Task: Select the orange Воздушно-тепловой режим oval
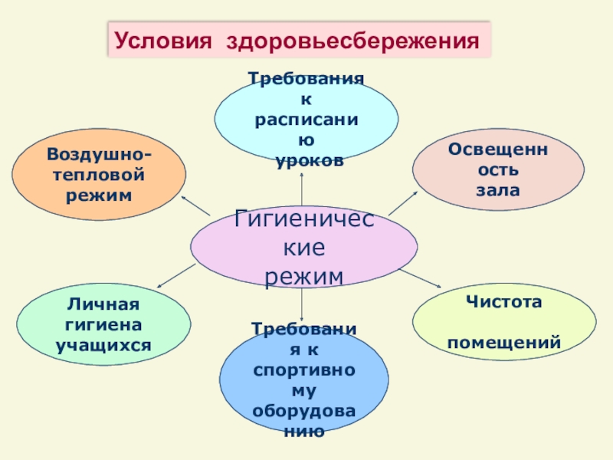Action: (99, 176)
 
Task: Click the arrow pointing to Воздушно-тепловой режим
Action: (195, 205)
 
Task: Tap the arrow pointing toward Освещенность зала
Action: (403, 203)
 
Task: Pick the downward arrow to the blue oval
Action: (303, 304)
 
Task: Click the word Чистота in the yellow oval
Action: (503, 302)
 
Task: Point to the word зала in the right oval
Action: (498, 188)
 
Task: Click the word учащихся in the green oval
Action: (103, 345)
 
